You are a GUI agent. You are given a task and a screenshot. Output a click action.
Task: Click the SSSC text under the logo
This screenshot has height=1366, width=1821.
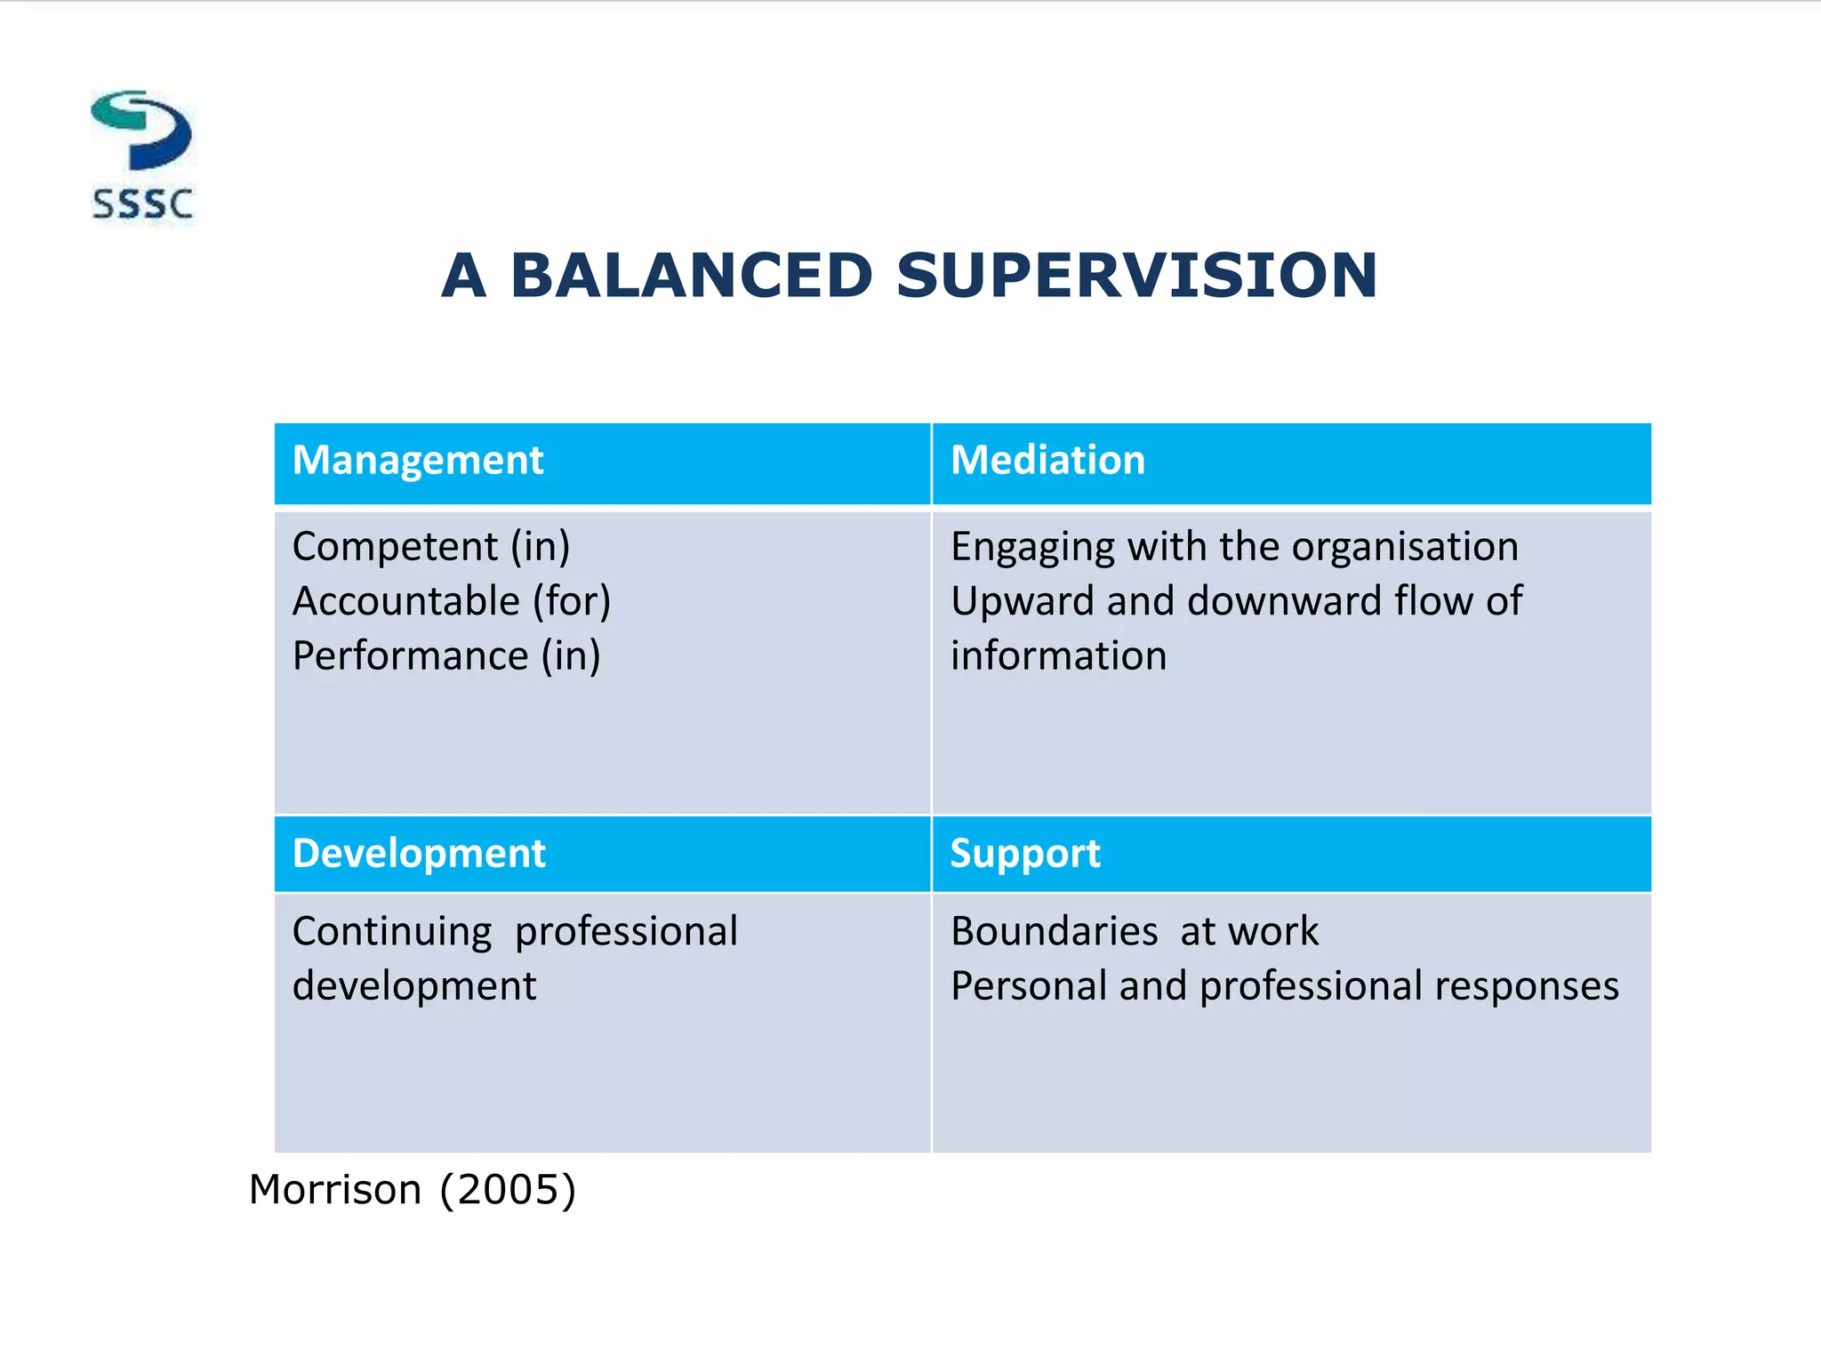point(142,205)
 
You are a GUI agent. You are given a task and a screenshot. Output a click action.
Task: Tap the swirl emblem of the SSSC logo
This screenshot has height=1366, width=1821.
point(142,130)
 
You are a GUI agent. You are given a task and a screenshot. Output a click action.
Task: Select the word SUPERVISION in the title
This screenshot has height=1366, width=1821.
point(1136,275)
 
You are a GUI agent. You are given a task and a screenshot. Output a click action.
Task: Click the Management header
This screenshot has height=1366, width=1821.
point(417,461)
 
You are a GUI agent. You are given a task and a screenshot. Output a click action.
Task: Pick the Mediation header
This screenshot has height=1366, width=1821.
point(1047,461)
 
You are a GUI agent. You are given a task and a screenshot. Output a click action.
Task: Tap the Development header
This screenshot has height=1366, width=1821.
point(418,854)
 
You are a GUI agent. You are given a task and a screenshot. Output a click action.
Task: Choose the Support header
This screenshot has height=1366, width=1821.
point(1024,854)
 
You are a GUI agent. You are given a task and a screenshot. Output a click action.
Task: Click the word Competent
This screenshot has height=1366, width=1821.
point(395,547)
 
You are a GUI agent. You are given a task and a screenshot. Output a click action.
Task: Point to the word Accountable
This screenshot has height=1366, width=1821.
point(405,601)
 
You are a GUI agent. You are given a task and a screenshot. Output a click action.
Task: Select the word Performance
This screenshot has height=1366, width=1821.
point(410,656)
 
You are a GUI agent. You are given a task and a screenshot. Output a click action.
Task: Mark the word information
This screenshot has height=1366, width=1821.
point(1058,656)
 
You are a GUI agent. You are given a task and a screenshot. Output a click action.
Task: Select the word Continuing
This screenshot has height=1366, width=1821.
point(391,932)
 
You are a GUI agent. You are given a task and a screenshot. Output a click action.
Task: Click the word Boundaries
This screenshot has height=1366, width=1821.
point(1054,932)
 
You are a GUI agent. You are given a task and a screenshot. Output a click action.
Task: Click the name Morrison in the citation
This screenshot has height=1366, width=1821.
point(334,1190)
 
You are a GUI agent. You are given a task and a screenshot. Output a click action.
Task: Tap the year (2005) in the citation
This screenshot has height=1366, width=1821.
point(508,1190)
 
